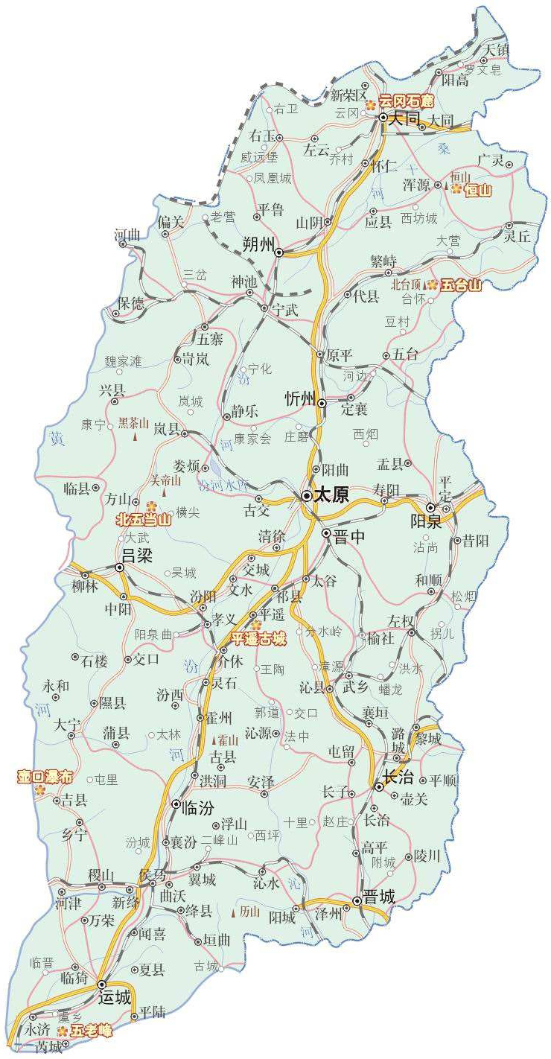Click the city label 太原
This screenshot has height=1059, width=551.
click(331, 496)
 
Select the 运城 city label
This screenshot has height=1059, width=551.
click(115, 997)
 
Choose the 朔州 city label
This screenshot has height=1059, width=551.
click(259, 244)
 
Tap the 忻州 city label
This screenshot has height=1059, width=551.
click(302, 399)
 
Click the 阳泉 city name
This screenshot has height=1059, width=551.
click(427, 521)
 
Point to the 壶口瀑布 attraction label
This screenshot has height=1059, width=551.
click(46, 777)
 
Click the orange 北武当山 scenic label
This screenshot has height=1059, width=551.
click(144, 520)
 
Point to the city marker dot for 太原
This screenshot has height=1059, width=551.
click(307, 495)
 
